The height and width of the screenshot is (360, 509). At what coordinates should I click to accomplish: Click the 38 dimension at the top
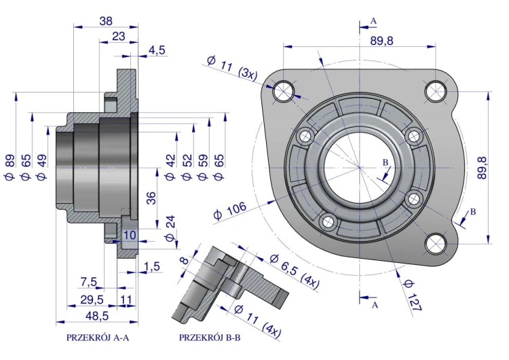click(105, 21)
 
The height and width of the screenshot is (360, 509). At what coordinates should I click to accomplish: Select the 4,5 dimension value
click(156, 50)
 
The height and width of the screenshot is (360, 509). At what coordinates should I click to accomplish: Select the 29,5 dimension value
click(92, 299)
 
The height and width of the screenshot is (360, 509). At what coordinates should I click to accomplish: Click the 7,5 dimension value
click(90, 282)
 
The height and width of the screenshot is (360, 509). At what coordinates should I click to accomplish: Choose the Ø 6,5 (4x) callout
click(295, 271)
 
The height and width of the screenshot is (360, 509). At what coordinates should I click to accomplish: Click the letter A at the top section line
click(374, 21)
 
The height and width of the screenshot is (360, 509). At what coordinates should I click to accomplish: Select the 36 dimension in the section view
click(152, 198)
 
